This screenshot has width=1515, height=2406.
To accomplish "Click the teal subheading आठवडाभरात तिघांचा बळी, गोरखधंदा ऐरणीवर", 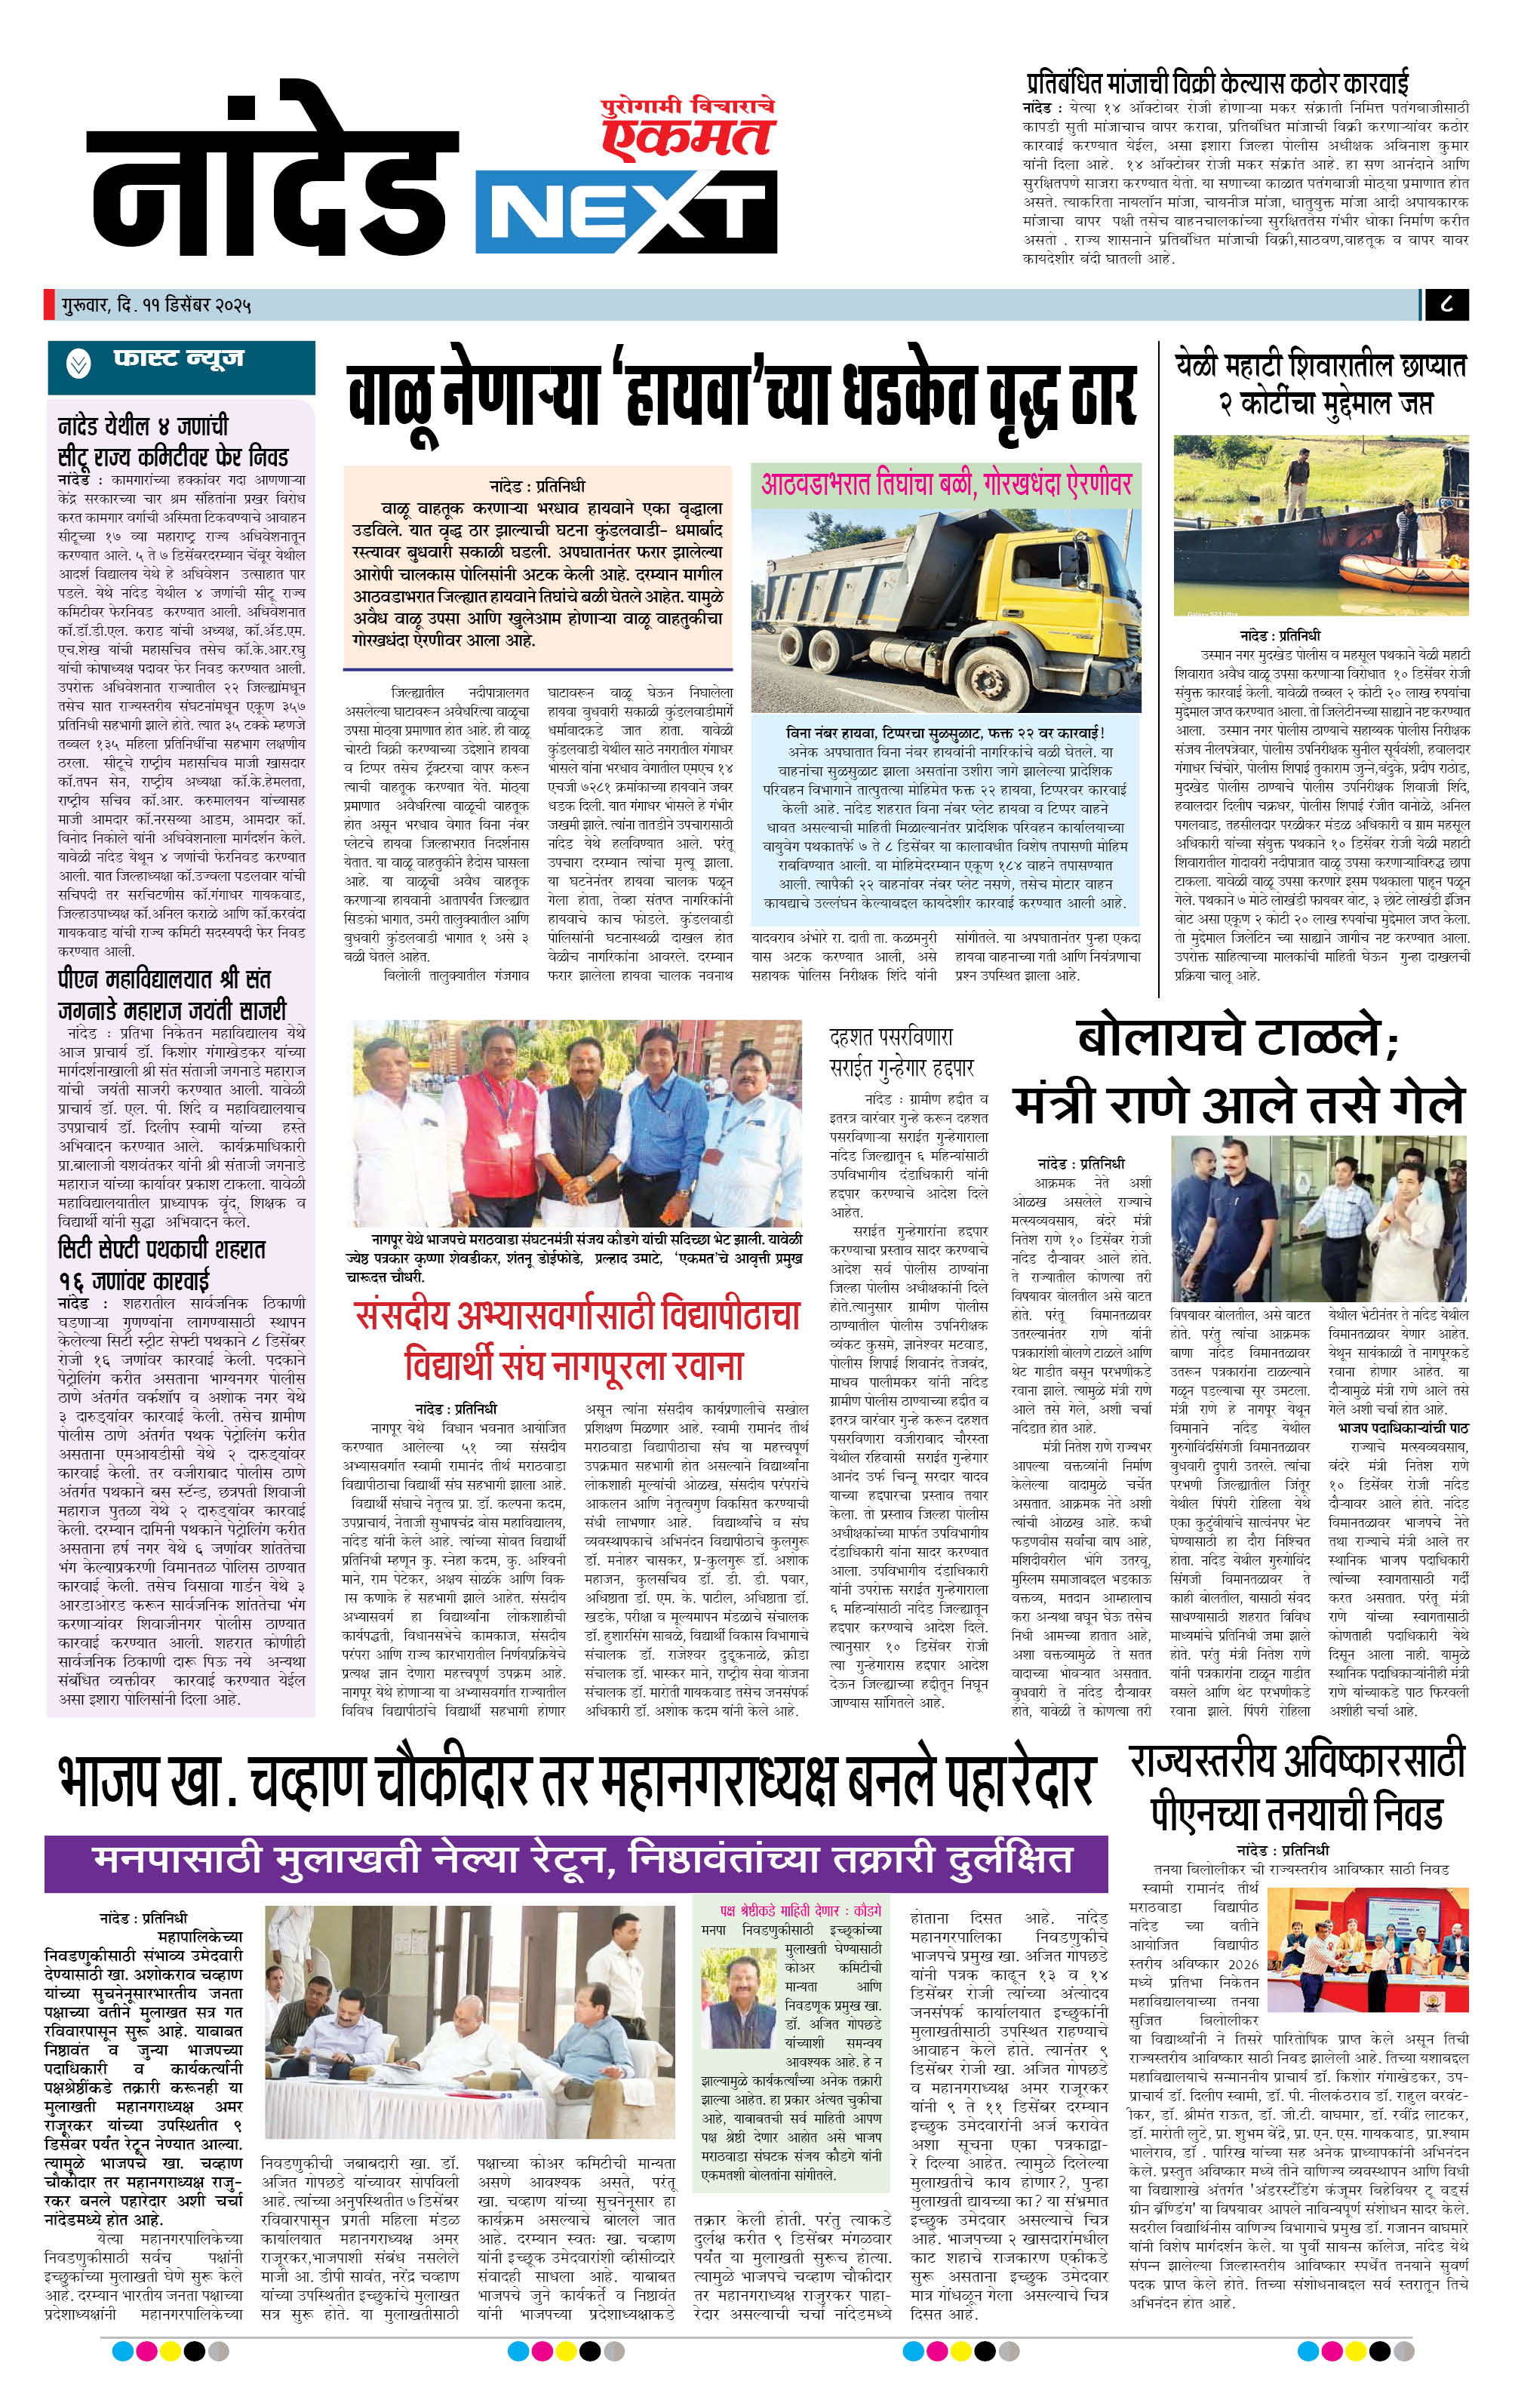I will [945, 484].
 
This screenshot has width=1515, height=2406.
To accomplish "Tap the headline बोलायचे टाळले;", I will [1237, 1039].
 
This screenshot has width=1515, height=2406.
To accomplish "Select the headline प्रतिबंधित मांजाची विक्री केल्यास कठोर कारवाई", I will [1216, 82].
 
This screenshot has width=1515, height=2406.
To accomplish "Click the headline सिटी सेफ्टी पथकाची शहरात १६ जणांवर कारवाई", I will [162, 1263].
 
